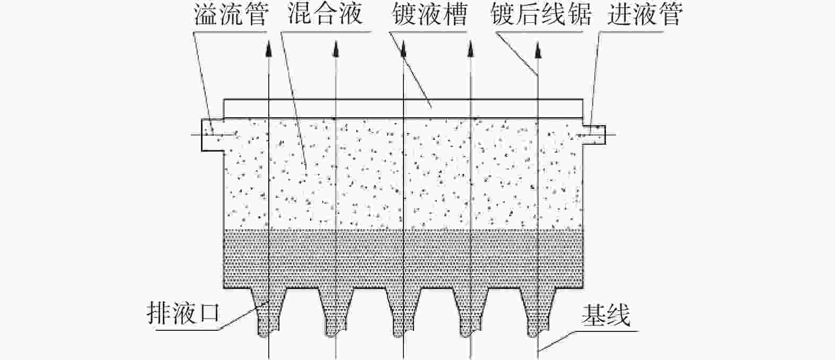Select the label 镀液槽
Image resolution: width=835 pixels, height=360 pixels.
coord(430,15)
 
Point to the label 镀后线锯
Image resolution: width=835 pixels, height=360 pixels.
coord(541,15)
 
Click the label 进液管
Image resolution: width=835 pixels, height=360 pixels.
coord(645,15)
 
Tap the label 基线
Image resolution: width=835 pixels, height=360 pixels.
coord(607,315)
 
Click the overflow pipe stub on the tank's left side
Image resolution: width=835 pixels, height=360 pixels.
coord(213,135)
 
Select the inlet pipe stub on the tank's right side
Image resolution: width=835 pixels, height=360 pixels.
coord(594,135)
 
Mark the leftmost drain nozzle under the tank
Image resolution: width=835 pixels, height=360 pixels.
coord(268,312)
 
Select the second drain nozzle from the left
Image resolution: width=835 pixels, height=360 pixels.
coord(336,312)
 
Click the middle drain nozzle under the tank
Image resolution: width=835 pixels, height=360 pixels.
coord(403,312)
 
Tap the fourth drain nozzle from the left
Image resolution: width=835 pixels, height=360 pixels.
coord(470,312)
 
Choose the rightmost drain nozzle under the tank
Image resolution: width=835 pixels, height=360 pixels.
coord(538,312)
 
